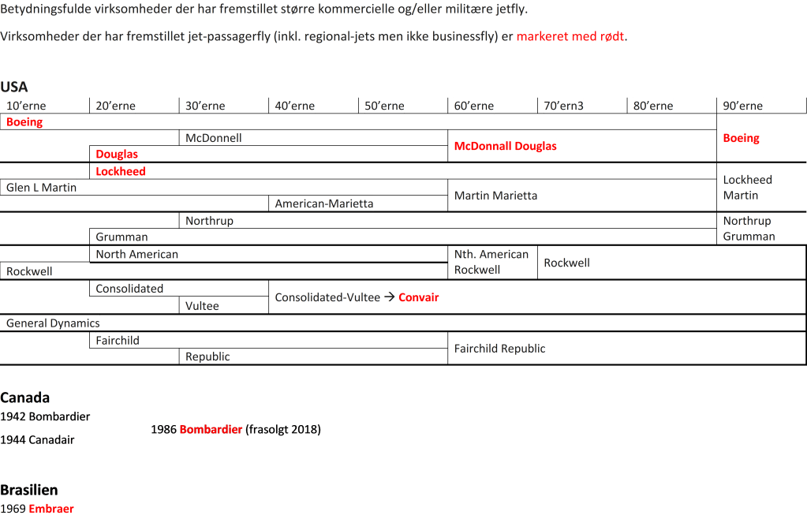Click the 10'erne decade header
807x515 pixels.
pos(26,106)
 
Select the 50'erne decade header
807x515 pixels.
pos(385,106)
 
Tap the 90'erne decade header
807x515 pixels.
pos(742,106)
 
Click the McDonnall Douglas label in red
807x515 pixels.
pos(505,146)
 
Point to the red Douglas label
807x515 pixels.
pos(117,155)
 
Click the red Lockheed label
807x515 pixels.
pos(121,171)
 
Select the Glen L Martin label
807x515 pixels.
pos(42,188)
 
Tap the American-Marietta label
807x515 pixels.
pos(324,204)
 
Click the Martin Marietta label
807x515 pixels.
pos(495,196)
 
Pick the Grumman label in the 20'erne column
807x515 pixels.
pos(121,237)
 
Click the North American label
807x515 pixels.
pos(137,254)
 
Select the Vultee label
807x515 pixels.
pos(203,306)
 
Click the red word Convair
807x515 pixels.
pos(418,297)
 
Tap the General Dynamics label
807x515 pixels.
pos(53,323)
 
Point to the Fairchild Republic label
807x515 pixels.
pos(499,349)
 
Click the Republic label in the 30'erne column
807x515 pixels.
pos(207,356)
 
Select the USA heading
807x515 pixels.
pos(14,87)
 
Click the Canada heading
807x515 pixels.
pos(25,397)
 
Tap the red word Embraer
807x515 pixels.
pos(51,509)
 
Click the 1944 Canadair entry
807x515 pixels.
pos(38,440)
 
